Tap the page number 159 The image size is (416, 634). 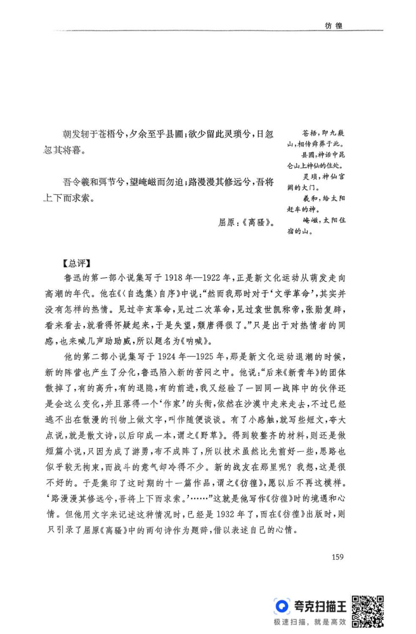click(x=337, y=558)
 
